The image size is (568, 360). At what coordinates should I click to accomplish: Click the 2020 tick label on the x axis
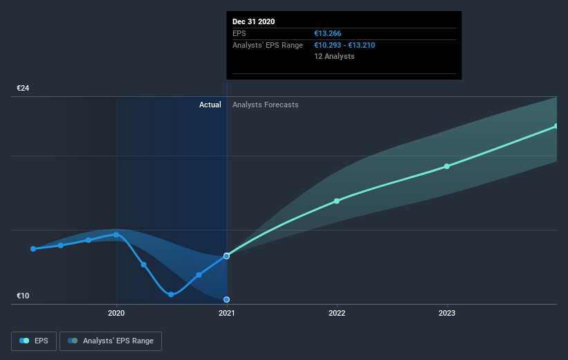tap(116, 313)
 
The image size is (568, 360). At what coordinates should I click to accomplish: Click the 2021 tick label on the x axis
tap(227, 313)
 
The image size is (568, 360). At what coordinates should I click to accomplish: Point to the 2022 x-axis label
tap(337, 313)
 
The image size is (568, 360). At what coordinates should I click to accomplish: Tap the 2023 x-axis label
tap(447, 313)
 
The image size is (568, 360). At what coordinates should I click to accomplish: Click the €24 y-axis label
tap(23, 88)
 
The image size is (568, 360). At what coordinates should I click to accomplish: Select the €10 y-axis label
tap(23, 296)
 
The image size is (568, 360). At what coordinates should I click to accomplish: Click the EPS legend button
tap(34, 341)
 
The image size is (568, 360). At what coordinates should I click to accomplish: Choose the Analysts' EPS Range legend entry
tap(111, 341)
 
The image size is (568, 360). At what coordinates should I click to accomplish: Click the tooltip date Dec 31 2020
tap(254, 21)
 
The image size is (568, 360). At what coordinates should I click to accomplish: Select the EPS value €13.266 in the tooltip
tap(327, 33)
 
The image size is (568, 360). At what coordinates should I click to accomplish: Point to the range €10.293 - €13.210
tap(345, 45)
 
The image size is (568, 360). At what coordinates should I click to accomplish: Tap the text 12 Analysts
tap(334, 56)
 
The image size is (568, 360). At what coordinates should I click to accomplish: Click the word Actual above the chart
tap(210, 105)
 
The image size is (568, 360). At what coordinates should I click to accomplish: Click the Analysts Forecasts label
tap(266, 105)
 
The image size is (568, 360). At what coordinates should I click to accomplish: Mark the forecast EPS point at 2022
tap(337, 201)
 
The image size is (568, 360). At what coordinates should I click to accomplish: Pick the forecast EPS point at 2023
tap(447, 166)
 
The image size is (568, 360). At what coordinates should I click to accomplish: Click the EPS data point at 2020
tap(116, 235)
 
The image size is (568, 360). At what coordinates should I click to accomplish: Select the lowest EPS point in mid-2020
tap(172, 294)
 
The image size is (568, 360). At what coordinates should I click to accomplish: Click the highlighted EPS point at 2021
tap(226, 256)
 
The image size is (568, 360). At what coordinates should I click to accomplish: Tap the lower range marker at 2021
tap(226, 300)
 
